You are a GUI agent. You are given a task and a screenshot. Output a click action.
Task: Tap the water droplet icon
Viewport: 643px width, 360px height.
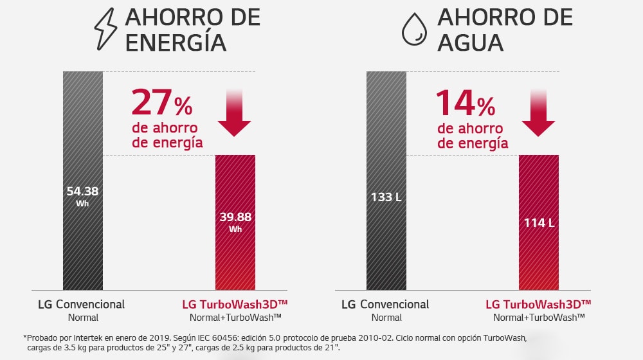[414, 30]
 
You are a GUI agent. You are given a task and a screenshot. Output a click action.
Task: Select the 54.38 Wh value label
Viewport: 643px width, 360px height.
[82, 195]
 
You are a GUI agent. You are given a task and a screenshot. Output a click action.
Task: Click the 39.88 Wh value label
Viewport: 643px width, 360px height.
[235, 221]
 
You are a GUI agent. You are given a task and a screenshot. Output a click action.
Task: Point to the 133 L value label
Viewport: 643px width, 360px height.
[386, 196]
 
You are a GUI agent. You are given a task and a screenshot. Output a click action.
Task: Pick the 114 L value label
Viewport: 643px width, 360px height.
[539, 222]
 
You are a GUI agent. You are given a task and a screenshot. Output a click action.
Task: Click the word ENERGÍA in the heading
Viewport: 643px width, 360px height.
[176, 42]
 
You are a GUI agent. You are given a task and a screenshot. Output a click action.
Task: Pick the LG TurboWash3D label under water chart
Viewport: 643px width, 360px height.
[538, 304]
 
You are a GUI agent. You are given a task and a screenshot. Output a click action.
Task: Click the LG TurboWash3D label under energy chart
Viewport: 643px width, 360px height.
[235, 304]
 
